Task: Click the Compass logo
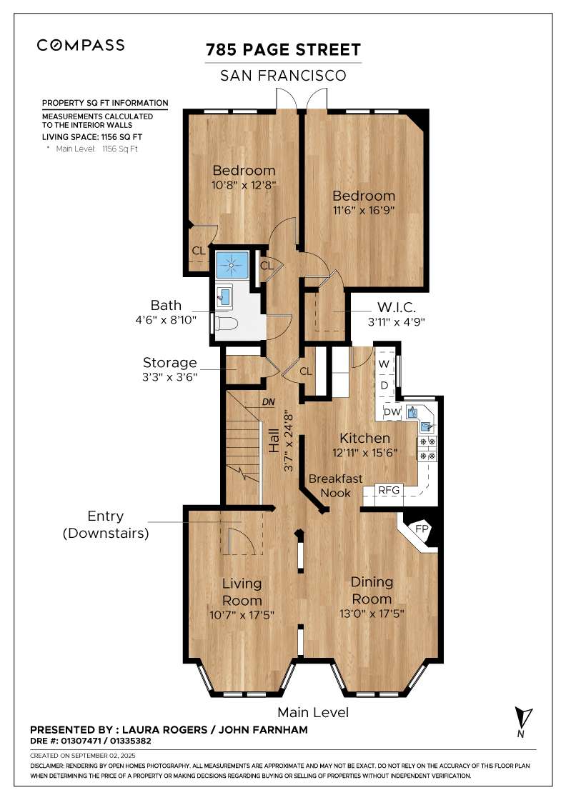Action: [81, 45]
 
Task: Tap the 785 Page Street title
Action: [283, 50]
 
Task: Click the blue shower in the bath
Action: [232, 264]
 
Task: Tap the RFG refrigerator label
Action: [389, 490]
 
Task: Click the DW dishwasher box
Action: [392, 411]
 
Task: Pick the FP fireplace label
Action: [422, 529]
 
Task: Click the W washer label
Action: [384, 364]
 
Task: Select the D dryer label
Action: [384, 385]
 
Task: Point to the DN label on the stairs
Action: [269, 402]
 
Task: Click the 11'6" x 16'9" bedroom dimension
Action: [363, 210]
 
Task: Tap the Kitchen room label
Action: [365, 438]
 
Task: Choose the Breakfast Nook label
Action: [335, 486]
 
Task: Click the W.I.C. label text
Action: [397, 308]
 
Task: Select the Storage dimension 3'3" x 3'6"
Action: [170, 377]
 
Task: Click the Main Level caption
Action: [313, 713]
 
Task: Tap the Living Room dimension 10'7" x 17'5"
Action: [242, 615]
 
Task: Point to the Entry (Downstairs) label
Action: [106, 524]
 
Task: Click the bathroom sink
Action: [224, 296]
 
